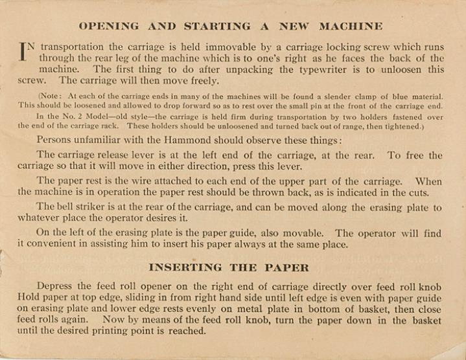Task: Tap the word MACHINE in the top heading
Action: pos(351,27)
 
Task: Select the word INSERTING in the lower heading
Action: pos(185,267)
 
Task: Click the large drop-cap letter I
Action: pos(25,52)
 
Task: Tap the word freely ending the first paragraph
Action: pos(202,81)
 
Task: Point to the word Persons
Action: pos(56,140)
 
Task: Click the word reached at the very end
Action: pos(187,331)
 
